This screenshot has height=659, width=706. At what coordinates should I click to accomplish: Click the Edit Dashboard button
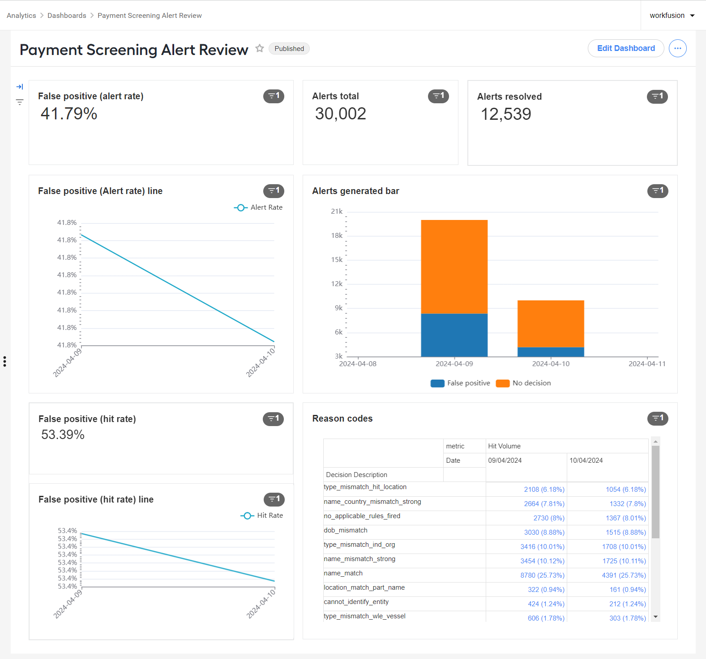625,48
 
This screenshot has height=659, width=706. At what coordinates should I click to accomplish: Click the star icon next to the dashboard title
260,48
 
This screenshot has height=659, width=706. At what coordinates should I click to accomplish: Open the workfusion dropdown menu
672,15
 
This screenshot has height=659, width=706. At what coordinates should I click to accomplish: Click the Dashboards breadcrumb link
67,15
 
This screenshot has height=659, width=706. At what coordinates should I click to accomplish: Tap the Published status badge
289,48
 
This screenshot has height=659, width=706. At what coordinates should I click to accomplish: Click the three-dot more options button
677,48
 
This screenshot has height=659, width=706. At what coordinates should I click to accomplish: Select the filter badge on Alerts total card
438,96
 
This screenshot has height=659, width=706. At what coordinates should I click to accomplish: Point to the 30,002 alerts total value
341,114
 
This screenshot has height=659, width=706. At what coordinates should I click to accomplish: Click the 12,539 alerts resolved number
506,114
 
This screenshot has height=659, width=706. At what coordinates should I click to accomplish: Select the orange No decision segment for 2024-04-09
454,267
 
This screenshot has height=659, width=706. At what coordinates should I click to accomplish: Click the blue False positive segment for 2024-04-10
551,352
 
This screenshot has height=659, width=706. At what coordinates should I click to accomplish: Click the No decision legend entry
523,383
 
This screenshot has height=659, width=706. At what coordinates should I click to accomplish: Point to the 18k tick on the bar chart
337,236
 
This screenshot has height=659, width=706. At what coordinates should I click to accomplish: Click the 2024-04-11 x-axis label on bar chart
647,364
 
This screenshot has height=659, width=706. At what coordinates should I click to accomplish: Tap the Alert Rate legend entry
258,207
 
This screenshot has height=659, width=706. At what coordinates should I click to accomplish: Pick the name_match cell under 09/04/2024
542,575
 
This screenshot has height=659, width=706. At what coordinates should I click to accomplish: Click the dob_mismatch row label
346,530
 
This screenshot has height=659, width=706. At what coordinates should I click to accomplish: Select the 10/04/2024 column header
586,460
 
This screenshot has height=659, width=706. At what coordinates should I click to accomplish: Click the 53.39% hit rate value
63,435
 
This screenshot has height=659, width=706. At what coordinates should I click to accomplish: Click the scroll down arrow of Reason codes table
655,617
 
